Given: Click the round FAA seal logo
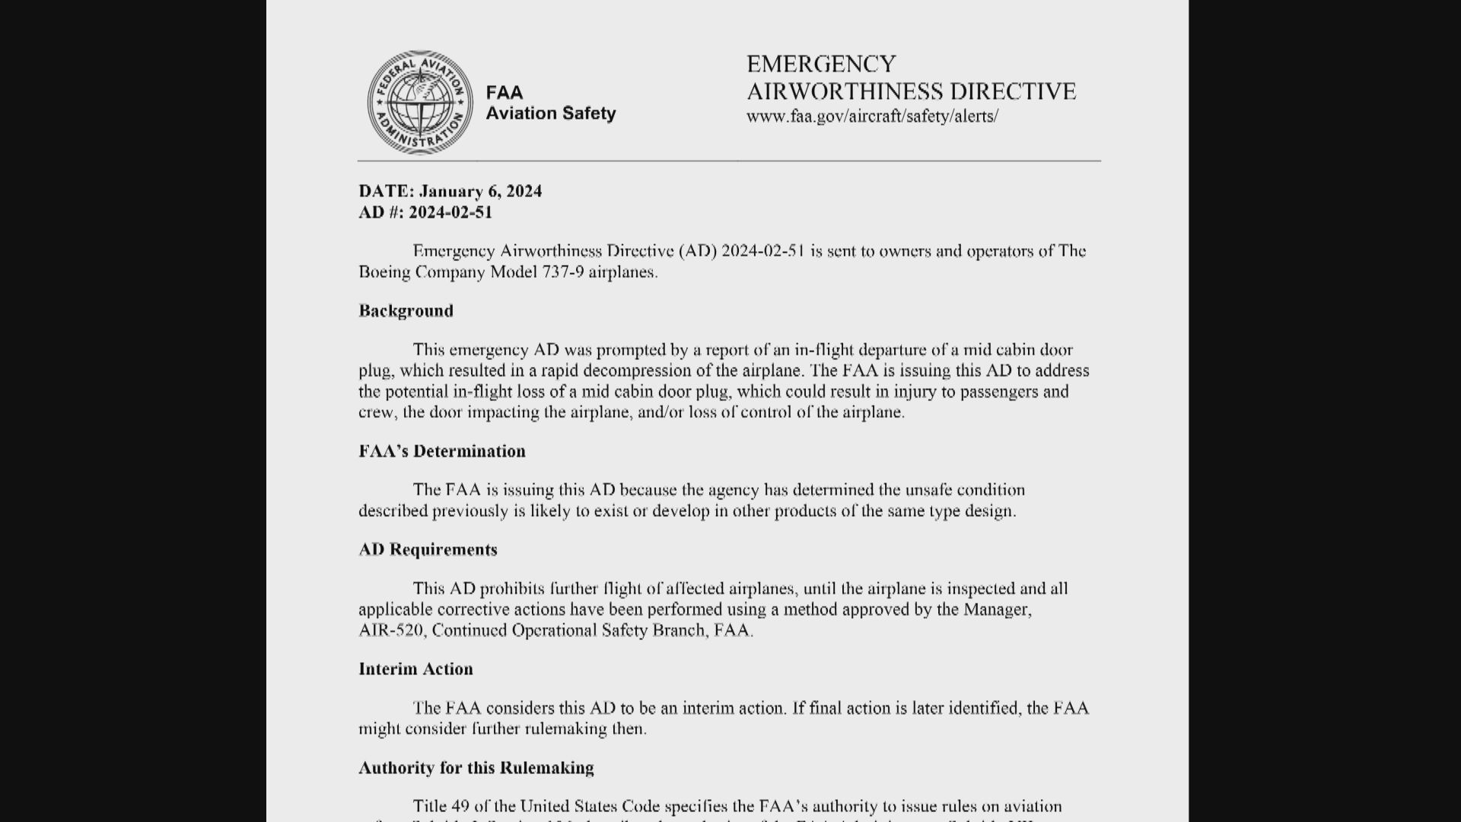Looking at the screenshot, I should tap(419, 103).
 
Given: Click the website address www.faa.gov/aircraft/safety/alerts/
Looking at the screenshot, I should tap(872, 116).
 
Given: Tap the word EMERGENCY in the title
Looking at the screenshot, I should tap(821, 64).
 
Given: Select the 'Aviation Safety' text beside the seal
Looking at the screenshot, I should tap(551, 113).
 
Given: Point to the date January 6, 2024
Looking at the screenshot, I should tap(480, 191).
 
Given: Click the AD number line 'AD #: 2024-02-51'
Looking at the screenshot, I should tap(425, 212).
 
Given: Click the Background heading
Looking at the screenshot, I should tap(406, 311).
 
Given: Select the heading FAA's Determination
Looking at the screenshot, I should tap(442, 451).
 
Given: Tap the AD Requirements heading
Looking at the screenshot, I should tap(428, 550).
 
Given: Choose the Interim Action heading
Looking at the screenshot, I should tap(415, 669).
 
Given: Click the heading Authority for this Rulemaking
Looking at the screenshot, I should tap(476, 767).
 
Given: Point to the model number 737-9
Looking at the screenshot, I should tap(562, 272).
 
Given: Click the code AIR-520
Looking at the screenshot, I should tap(391, 631).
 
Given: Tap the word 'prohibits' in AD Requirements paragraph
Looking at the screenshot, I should tap(512, 588).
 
